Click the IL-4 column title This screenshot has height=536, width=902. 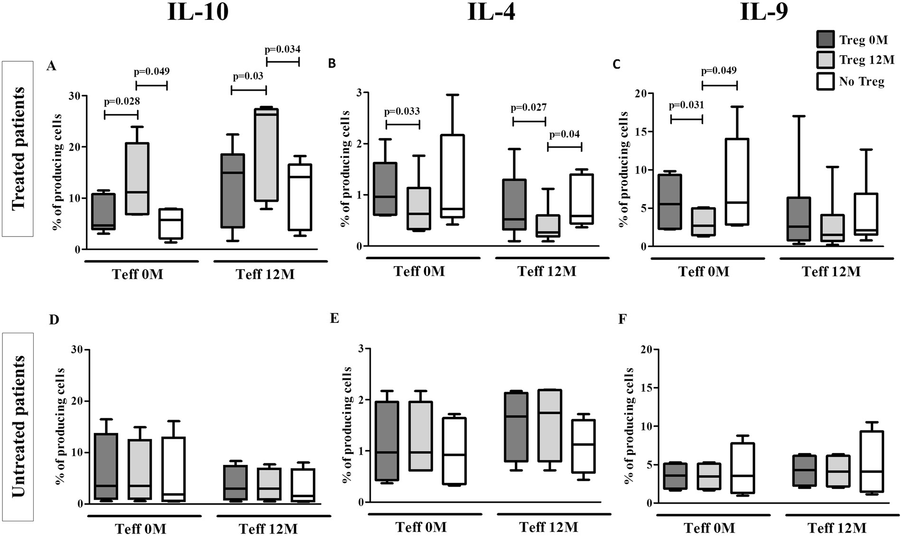click(x=491, y=12)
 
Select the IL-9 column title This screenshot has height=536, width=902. click(x=764, y=12)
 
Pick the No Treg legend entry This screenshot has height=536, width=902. click(x=861, y=82)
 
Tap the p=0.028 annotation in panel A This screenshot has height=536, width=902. click(x=122, y=101)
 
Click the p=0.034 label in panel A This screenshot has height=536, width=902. click(x=282, y=49)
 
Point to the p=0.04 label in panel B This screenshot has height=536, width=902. click(x=564, y=134)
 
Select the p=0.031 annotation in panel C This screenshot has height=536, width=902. click(x=686, y=105)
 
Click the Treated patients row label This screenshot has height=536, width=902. click(x=18, y=149)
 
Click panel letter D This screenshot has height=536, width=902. click(x=54, y=320)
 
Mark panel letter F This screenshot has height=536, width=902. click(x=622, y=320)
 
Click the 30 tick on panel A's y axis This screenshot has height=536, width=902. click(x=75, y=96)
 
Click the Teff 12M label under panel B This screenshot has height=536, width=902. click(x=546, y=272)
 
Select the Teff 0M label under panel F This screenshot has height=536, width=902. click(x=709, y=528)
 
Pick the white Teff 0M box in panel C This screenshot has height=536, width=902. click(x=737, y=182)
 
